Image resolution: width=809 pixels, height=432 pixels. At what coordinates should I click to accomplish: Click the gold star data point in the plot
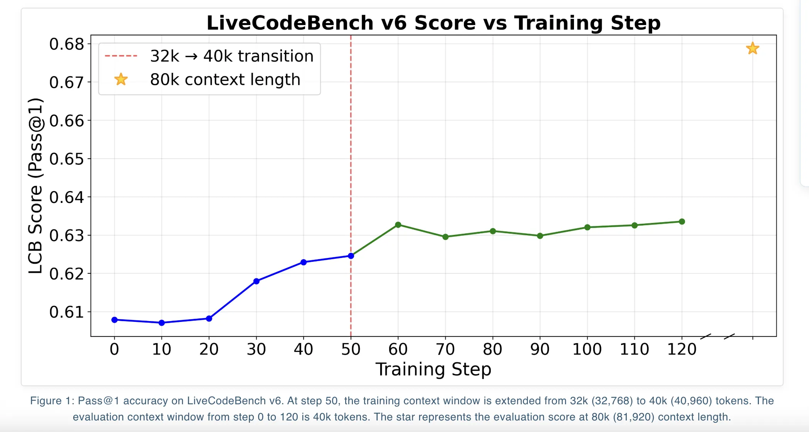(752, 49)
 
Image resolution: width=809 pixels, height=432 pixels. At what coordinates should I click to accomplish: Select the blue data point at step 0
(114, 320)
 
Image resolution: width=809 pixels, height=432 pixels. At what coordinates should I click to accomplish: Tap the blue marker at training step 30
(257, 281)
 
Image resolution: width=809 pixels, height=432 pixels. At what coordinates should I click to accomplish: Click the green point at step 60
(398, 225)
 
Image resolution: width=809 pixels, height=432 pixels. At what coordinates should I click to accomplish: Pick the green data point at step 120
(682, 221)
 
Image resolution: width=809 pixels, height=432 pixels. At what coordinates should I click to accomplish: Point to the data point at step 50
(351, 256)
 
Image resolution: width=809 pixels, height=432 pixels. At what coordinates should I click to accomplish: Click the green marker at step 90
(540, 236)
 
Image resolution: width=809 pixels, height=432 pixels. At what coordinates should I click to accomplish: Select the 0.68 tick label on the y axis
(67, 44)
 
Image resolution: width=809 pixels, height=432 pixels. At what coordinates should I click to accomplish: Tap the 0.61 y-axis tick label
(67, 312)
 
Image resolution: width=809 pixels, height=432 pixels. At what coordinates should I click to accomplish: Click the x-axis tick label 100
(587, 349)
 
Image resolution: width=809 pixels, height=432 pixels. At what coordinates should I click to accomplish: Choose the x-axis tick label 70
(445, 349)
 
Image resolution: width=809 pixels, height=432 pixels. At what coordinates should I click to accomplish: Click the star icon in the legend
(121, 79)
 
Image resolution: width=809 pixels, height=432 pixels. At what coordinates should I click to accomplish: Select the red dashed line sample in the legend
(121, 56)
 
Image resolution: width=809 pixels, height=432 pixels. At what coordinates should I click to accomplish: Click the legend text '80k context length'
(225, 80)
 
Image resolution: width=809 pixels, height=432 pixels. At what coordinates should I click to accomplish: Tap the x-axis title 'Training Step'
(433, 369)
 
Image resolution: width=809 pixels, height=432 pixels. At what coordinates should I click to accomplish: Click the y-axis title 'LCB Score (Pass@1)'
(35, 186)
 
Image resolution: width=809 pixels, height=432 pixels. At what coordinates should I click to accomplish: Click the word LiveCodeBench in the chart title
(290, 23)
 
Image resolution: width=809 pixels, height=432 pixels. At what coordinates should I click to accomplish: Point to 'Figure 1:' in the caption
(52, 401)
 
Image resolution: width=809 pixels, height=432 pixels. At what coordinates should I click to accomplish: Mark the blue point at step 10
(162, 323)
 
